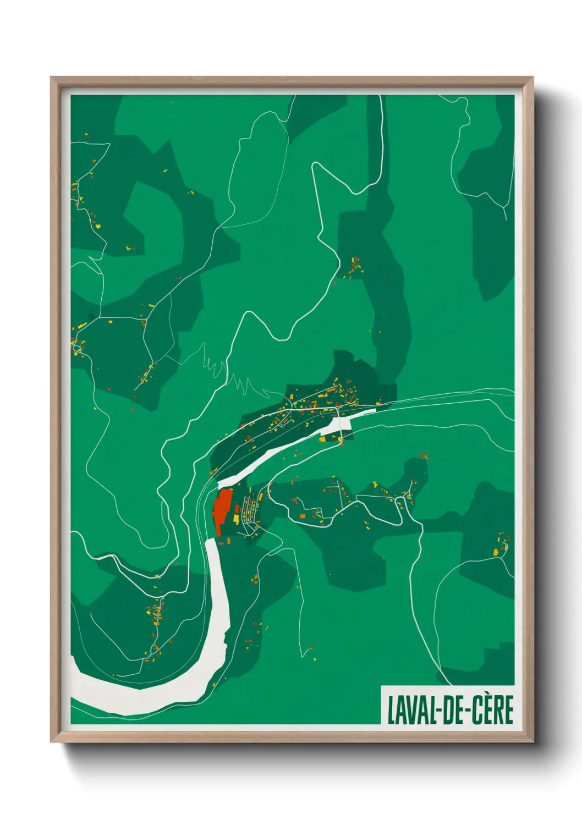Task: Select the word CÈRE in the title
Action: (x=492, y=710)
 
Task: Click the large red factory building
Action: (x=222, y=508)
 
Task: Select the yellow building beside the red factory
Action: (x=236, y=518)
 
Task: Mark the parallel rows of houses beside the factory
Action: (x=250, y=512)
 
